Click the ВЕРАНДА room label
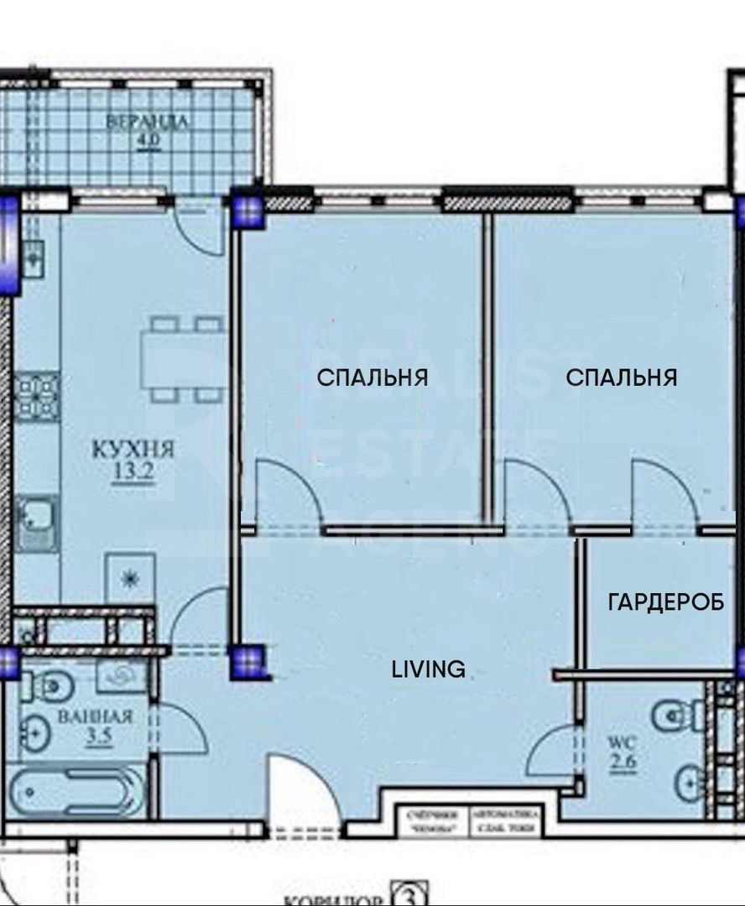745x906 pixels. [147, 122]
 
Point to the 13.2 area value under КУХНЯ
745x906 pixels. [133, 471]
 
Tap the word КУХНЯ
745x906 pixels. [133, 450]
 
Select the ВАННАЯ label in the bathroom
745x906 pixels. [96, 716]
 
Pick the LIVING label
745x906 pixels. [429, 669]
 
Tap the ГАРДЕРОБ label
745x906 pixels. [666, 602]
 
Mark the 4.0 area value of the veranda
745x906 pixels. [147, 139]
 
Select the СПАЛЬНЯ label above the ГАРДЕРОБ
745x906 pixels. [621, 377]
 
